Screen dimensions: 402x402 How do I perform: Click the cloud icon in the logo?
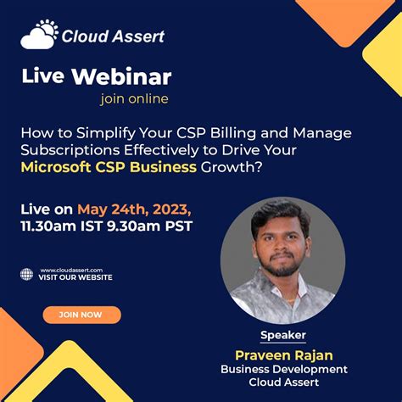click(38, 34)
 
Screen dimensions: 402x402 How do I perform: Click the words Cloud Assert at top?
click(113, 36)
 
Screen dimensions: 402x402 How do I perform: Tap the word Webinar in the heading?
click(121, 76)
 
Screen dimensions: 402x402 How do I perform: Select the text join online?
click(134, 98)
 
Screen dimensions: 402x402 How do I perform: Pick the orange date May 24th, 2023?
click(134, 209)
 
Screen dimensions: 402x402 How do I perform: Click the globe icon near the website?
click(26, 274)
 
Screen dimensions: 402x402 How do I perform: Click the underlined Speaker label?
click(282, 335)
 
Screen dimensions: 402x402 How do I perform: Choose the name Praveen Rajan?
click(283, 354)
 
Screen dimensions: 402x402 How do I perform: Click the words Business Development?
click(283, 370)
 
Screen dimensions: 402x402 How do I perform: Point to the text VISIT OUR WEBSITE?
click(75, 277)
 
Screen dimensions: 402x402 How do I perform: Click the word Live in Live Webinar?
click(42, 76)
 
